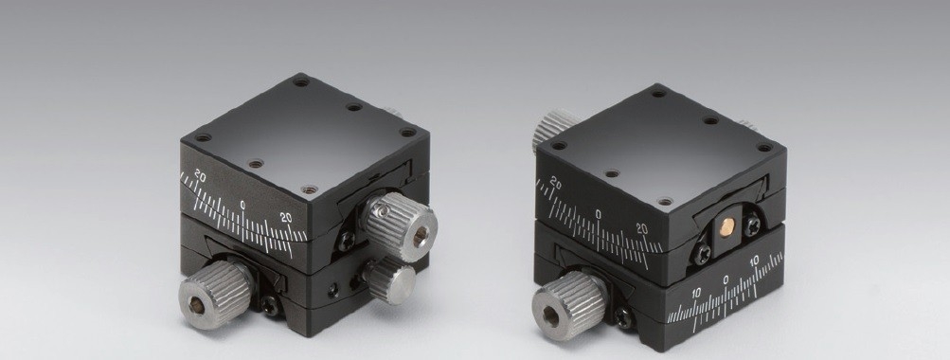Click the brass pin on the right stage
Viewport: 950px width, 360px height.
pos(726,228)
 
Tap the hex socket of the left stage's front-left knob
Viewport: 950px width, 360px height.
pos(198,306)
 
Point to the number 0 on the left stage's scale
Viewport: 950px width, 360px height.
pos(243,206)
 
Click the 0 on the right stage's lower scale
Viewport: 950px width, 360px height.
pos(726,280)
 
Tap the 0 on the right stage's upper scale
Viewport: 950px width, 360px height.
pos(599,213)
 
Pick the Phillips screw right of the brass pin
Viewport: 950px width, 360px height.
pos(753,225)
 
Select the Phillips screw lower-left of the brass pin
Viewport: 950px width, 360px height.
pos(702,254)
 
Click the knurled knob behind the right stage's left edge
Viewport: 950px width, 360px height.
pos(554,129)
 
